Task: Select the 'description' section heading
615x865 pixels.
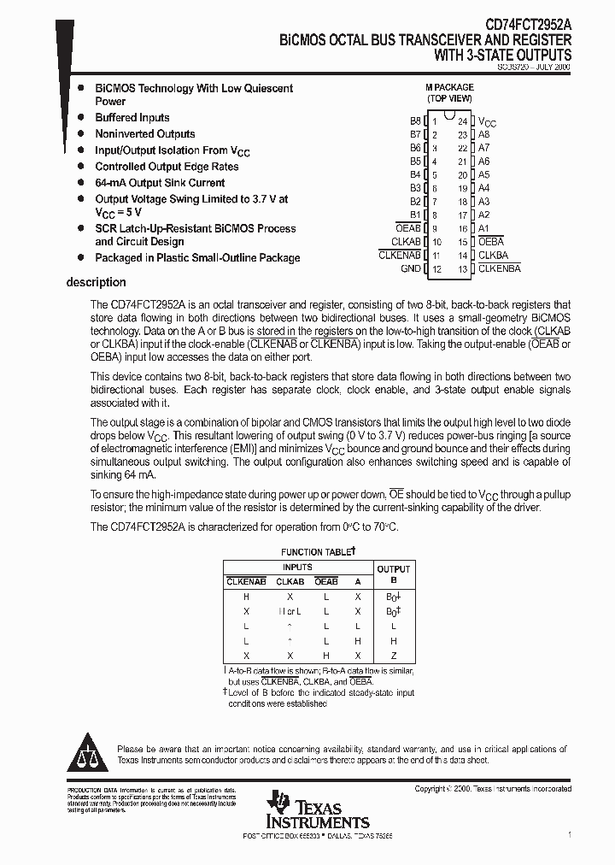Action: point(96,282)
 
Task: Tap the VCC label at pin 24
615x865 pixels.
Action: point(487,122)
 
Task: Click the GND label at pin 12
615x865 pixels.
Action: point(411,268)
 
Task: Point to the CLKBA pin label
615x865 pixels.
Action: point(493,255)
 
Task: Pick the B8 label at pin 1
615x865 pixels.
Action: point(415,121)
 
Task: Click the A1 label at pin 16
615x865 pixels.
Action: point(484,228)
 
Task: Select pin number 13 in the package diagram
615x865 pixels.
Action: point(462,268)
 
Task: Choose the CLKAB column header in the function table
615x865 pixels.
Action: point(290,581)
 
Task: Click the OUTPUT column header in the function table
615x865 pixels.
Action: point(393,568)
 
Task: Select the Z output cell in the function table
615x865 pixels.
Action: point(393,656)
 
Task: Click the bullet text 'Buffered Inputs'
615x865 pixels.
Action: point(132,117)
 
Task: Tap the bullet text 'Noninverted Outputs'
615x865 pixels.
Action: point(145,133)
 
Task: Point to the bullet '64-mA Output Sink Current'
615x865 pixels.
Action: point(160,182)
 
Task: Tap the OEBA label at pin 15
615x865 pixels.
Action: point(492,242)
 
